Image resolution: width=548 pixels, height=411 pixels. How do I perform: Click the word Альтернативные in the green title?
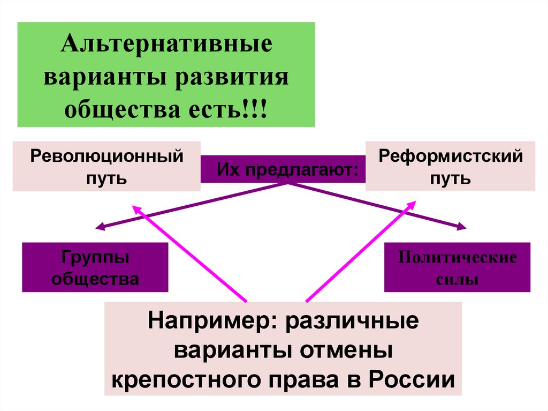(166, 44)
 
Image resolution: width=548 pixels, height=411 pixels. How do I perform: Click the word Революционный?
(106, 158)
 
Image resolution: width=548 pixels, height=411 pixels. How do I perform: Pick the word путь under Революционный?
(106, 177)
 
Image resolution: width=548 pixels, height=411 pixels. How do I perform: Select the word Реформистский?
(450, 158)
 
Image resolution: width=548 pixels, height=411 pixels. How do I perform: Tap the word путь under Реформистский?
(450, 177)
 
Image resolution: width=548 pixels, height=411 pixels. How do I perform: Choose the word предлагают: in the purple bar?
(302, 170)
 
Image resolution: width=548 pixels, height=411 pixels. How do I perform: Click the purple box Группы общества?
(95, 267)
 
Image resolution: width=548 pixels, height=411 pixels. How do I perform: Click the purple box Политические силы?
(457, 267)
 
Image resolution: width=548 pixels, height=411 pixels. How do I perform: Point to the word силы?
(457, 279)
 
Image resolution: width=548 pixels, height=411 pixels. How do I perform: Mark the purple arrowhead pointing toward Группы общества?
(99, 227)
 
